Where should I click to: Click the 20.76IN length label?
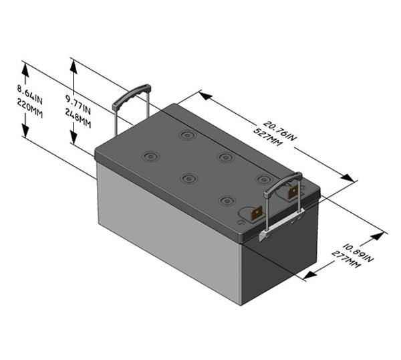(x=279, y=130)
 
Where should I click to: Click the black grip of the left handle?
(x=131, y=95)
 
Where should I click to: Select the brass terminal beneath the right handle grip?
(x=293, y=192)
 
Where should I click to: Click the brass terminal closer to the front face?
(x=255, y=213)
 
